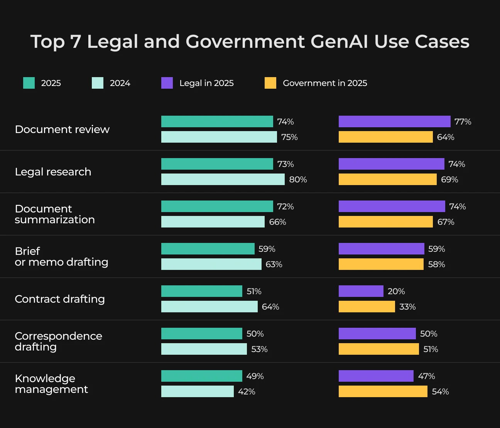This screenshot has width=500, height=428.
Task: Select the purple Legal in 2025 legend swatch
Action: pyautogui.click(x=167, y=83)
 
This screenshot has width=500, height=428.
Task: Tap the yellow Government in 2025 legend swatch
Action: pyautogui.click(x=270, y=83)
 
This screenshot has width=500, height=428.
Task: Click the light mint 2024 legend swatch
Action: pyautogui.click(x=98, y=83)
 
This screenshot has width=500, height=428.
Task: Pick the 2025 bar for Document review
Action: pyautogui.click(x=217, y=121)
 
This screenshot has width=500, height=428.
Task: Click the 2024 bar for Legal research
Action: pyautogui.click(x=223, y=179)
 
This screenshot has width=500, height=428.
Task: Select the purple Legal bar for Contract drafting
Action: pyautogui.click(x=361, y=291)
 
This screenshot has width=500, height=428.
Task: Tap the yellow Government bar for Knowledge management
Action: pyautogui.click(x=383, y=391)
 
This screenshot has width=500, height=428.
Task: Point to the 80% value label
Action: pyautogui.click(x=298, y=179)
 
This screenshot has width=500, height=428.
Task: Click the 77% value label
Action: pyautogui.click(x=463, y=121)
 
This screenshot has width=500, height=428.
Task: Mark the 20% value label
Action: pyautogui.click(x=396, y=292)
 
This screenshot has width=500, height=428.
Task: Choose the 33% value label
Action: pyautogui.click(x=407, y=307)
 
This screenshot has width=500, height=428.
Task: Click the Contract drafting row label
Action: pyautogui.click(x=60, y=299)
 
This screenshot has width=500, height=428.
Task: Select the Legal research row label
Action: pyautogui.click(x=53, y=172)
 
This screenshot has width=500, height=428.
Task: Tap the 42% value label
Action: pyautogui.click(x=247, y=391)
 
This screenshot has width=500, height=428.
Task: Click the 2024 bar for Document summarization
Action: pyautogui.click(x=213, y=222)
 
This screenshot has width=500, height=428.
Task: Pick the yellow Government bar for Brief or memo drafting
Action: pyautogui.click(x=381, y=264)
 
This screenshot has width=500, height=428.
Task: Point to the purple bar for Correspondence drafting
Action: pyautogui.click(x=377, y=334)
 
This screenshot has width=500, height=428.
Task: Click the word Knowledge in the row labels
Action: pyautogui.click(x=45, y=378)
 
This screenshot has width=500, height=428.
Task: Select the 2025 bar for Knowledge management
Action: pyautogui.click(x=202, y=376)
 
